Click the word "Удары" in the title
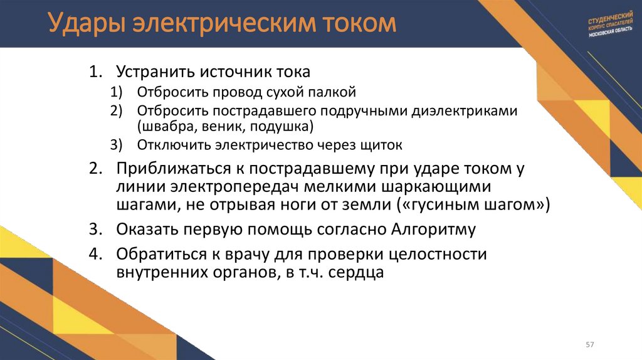click(x=87, y=24)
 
